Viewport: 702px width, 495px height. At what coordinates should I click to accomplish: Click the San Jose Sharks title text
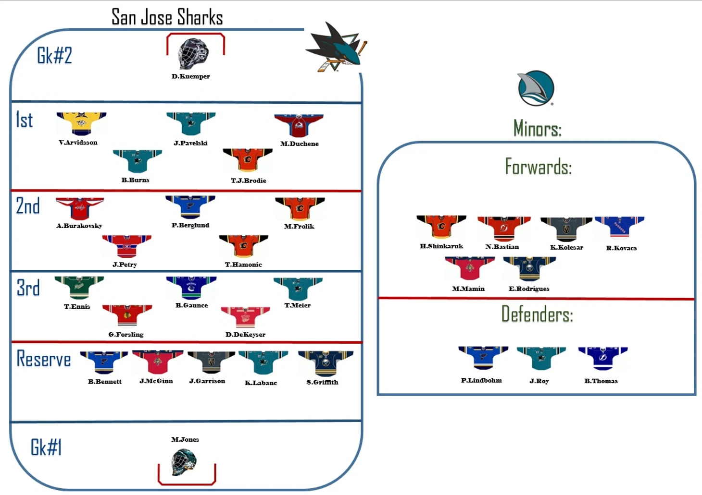(x=167, y=17)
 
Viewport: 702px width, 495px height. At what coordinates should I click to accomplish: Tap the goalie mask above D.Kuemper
(x=193, y=54)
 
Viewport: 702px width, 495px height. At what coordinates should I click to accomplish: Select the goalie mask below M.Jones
(x=184, y=462)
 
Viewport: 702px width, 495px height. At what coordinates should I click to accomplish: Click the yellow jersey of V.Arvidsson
(x=81, y=123)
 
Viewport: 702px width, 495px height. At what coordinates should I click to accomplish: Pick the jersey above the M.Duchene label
(x=299, y=125)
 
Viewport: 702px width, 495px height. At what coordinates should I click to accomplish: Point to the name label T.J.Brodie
(x=248, y=181)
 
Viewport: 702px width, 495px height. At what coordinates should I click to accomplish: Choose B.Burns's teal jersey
(x=138, y=160)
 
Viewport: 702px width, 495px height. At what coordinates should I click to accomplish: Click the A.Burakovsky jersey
(x=80, y=208)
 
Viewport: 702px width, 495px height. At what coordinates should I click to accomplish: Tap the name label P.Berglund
(x=190, y=225)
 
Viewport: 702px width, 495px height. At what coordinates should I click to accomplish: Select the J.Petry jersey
(x=126, y=246)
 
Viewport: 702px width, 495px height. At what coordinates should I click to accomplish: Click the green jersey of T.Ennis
(x=79, y=287)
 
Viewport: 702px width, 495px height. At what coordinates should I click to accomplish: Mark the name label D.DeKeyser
(x=245, y=334)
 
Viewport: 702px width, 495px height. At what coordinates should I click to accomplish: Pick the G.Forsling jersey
(x=127, y=315)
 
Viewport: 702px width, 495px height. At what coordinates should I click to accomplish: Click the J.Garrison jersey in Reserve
(x=211, y=362)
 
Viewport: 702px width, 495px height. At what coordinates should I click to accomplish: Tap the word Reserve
(x=44, y=359)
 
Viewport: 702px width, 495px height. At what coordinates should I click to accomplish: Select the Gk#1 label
(x=46, y=447)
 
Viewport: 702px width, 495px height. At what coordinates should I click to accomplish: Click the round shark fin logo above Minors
(x=536, y=88)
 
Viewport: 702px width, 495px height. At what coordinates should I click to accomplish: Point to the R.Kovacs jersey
(x=619, y=227)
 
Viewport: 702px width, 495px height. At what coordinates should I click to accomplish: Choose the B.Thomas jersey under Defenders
(x=602, y=358)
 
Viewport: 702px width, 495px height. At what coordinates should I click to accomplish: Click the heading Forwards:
(x=538, y=167)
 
